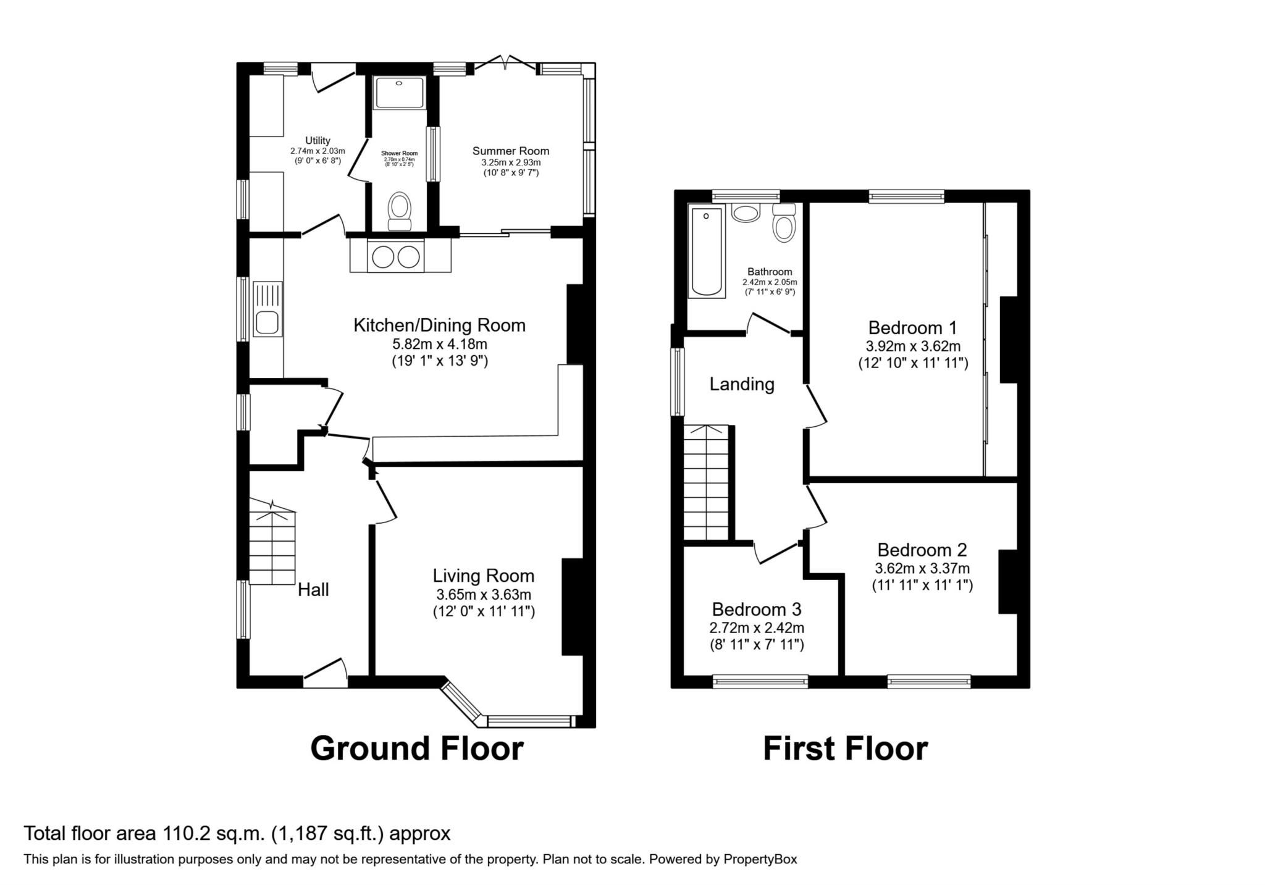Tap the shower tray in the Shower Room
coord(399,93)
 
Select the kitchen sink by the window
coord(267,309)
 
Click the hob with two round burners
coord(395,256)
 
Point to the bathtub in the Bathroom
coord(707,253)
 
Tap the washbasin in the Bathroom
coord(746,212)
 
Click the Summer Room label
coord(510,151)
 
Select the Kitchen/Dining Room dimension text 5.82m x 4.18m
coord(439,344)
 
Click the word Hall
coord(313,590)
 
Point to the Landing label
coord(741,384)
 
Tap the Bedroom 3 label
coord(756,610)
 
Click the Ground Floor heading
coord(416,748)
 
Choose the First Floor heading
coord(845,748)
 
